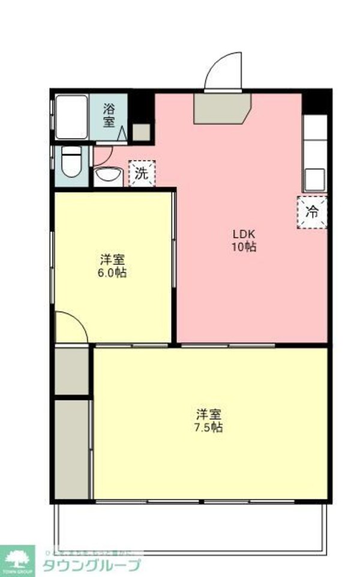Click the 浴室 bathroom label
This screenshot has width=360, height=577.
coord(109,115)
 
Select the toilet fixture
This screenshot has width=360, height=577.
coord(71,163)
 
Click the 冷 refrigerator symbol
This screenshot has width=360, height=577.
coord(313,212)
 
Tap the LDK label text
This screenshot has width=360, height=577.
coord(245,234)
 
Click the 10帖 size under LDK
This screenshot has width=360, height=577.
coord(245,247)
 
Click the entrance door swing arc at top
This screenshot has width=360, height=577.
coord(223,72)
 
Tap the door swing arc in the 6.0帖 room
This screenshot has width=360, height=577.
coord(71,328)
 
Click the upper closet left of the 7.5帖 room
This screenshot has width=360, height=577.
coord(72,370)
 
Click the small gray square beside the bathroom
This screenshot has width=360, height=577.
coord(142,132)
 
